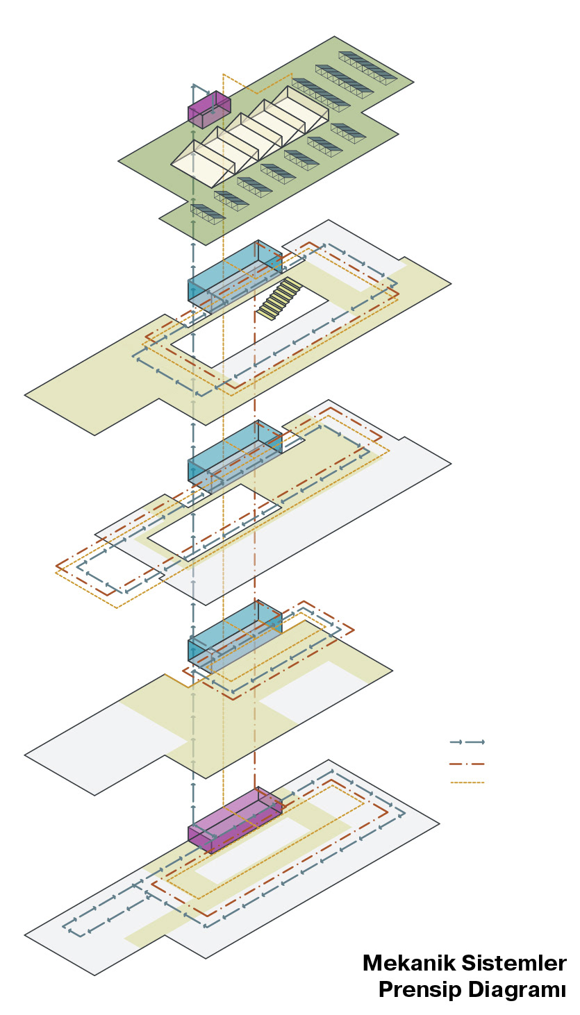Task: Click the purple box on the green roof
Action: click(209, 109)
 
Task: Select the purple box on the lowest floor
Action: click(235, 820)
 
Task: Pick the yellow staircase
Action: click(279, 299)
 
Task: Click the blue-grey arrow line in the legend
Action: click(467, 742)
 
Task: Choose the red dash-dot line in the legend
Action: click(467, 764)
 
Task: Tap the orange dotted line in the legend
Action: click(467, 782)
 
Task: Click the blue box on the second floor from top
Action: click(235, 276)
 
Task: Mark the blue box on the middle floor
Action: click(235, 456)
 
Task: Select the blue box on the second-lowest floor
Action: click(235, 636)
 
